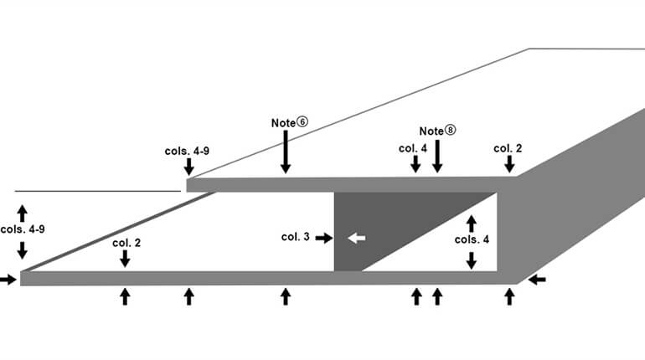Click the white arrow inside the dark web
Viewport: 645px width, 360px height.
(357, 238)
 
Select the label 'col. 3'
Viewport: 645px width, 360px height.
(296, 238)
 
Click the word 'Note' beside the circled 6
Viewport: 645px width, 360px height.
(283, 122)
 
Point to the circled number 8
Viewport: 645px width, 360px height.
(451, 131)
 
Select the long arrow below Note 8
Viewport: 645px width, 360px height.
(436, 157)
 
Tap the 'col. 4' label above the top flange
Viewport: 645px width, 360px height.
(412, 148)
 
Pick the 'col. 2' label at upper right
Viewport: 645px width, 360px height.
(508, 148)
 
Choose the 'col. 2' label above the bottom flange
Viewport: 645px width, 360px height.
(126, 243)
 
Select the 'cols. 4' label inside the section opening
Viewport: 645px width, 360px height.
(472, 239)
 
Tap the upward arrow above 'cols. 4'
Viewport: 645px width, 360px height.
(471, 223)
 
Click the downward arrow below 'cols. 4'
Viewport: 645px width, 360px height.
(471, 259)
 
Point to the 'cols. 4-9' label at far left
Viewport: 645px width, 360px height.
(23, 229)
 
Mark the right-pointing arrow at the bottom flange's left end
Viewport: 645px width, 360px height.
(8, 279)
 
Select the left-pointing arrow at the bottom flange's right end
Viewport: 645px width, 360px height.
(538, 279)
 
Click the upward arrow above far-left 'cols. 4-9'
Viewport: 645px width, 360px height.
(23, 211)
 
